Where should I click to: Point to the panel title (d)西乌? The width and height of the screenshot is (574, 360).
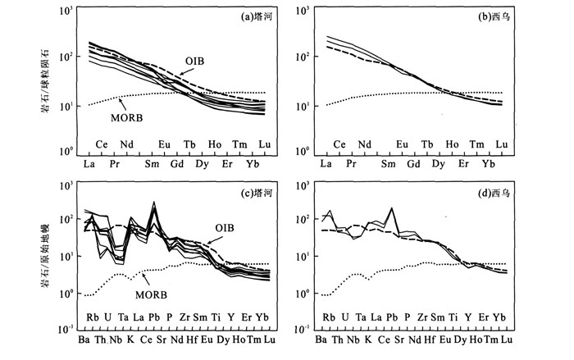pyautogui.click(x=494, y=192)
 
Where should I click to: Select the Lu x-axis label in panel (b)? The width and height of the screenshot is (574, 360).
pyautogui.click(x=502, y=144)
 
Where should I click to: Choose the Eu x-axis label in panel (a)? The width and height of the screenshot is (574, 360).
pyautogui.click(x=165, y=144)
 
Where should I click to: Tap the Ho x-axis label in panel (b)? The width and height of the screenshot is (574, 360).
pyautogui.click(x=452, y=144)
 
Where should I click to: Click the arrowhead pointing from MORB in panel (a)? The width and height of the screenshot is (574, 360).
pyautogui.click(x=121, y=98)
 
